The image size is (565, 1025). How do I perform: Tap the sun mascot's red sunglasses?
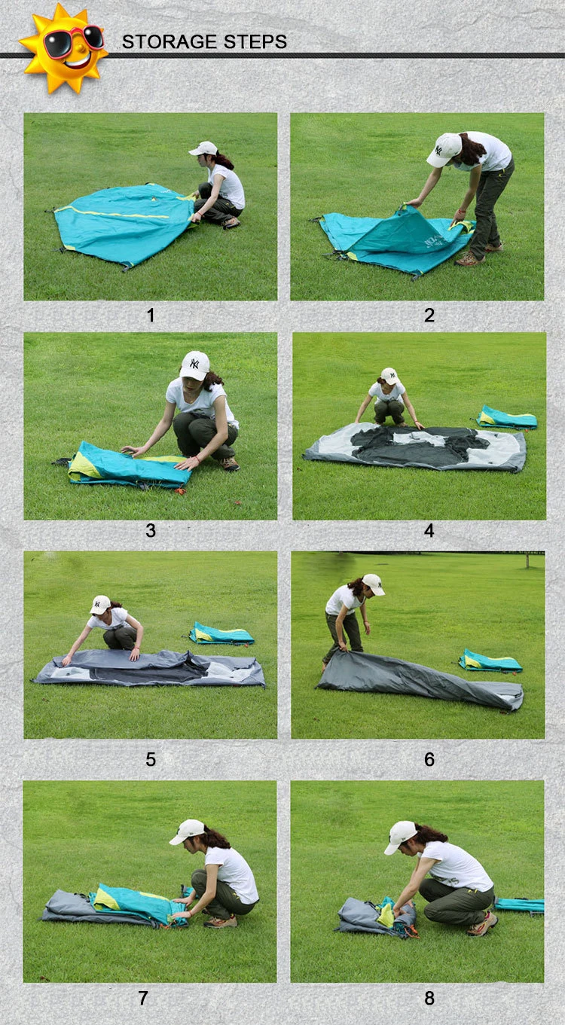[x=72, y=40]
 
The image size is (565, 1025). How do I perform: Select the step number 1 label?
[x=151, y=316]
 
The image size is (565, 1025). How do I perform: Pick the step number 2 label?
[x=429, y=316]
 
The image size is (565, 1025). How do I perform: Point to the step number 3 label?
[x=151, y=530]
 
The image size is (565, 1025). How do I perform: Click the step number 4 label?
[x=429, y=530]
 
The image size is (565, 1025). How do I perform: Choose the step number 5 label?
[x=151, y=759]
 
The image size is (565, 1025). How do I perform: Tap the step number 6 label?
[x=429, y=759]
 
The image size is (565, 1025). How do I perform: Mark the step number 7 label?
[x=143, y=998]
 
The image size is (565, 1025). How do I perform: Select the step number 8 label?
[x=429, y=998]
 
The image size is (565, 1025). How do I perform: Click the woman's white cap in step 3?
[x=194, y=365]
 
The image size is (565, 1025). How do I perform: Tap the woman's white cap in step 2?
[x=443, y=150]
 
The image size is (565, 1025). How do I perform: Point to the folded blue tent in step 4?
[x=506, y=417]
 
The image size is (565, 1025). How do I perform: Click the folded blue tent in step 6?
[x=490, y=661]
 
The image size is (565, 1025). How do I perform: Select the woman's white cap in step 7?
[x=187, y=832]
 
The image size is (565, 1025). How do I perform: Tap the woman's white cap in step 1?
[x=203, y=148]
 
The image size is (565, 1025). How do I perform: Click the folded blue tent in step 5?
[x=221, y=633]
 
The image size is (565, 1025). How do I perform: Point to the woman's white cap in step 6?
[x=373, y=584]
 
